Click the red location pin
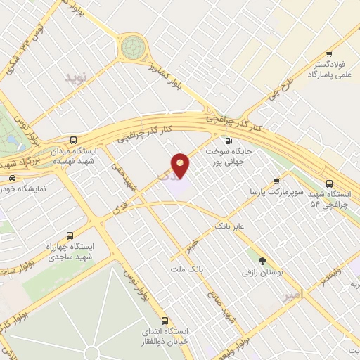[181, 165]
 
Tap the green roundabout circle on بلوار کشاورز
[131, 47]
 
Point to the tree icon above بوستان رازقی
[262, 261]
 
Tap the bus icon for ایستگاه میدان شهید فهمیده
[74, 140]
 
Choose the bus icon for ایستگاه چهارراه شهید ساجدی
[69, 236]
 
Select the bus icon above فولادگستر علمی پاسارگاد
[328, 55]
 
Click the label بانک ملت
[186, 269]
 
